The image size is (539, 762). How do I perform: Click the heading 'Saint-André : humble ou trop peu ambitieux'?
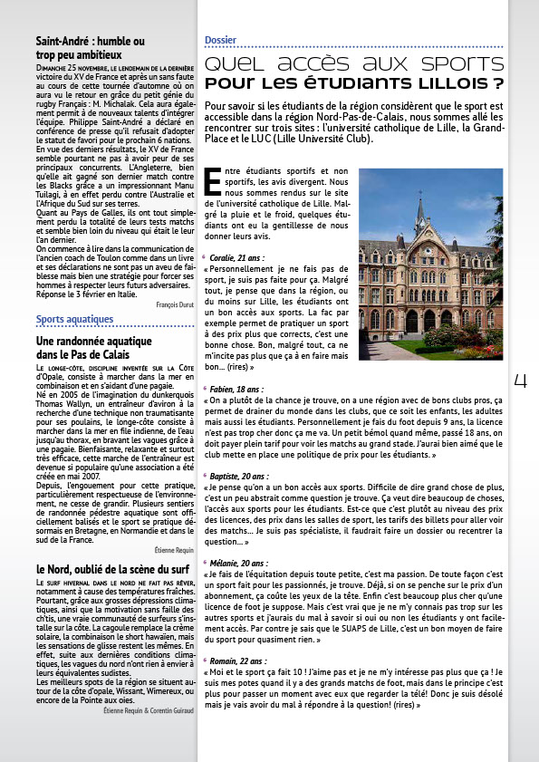point(91,48)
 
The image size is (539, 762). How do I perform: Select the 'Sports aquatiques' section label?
point(87,319)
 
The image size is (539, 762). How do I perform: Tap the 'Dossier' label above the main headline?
point(220,41)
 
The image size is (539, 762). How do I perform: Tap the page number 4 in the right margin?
point(520,382)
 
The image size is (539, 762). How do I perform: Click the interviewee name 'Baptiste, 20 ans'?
point(241,475)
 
